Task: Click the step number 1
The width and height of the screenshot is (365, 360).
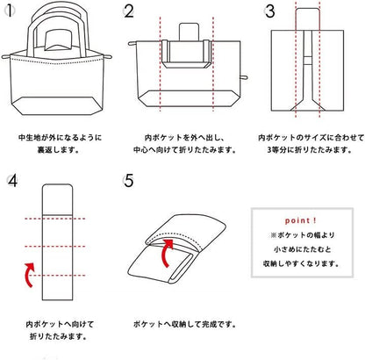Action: point(10,11)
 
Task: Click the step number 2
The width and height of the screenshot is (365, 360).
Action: point(129,11)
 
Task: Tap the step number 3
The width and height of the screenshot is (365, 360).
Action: point(269,11)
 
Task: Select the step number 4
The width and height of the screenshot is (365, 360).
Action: point(12,182)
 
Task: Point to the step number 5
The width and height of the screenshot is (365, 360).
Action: point(129,182)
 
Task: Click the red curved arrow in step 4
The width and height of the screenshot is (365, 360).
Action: point(29,275)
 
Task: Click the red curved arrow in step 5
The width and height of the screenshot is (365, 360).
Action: point(166,253)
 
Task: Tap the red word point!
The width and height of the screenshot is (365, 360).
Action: point(300,220)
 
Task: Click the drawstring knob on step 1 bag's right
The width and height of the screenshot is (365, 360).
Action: point(108,56)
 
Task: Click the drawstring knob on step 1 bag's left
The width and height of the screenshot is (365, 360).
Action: point(5,56)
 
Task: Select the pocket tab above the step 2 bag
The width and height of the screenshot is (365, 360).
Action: point(189,32)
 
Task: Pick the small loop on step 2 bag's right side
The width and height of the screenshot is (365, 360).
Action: point(244,77)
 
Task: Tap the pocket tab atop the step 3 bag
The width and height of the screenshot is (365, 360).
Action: point(307,19)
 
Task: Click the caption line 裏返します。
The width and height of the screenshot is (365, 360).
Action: point(58,150)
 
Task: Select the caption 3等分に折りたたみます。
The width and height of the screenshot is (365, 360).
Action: point(309,150)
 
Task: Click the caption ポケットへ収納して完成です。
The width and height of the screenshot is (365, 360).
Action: point(184,324)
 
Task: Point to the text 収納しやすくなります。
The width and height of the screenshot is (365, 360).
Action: point(301,263)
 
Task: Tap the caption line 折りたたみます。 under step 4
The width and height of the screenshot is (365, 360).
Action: point(59,336)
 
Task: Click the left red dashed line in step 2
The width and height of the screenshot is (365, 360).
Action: point(160,64)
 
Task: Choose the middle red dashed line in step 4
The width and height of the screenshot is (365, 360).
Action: point(55,247)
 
